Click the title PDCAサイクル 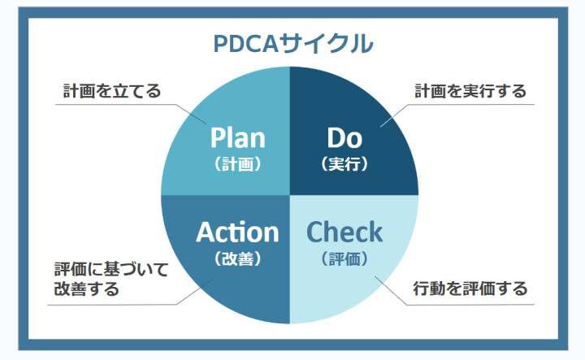click(292, 44)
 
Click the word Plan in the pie click(237, 137)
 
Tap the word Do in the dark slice click(344, 138)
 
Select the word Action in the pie click(237, 232)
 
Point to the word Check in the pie click(344, 232)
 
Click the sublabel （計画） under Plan click(237, 164)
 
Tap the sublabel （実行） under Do click(344, 164)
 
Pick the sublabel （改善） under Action click(237, 258)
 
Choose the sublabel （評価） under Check click(344, 258)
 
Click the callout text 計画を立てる click(112, 91)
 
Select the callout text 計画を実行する click(470, 91)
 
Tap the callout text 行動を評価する click(470, 288)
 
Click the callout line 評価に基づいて click(111, 269)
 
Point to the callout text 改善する click(87, 288)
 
